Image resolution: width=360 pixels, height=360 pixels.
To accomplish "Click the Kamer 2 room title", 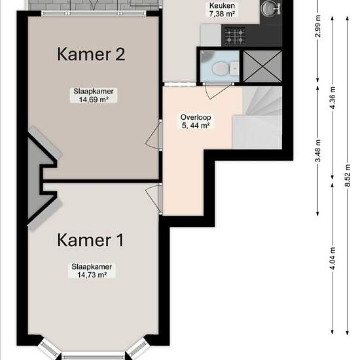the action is click(91, 54).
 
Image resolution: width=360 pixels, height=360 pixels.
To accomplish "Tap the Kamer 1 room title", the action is click(90, 240).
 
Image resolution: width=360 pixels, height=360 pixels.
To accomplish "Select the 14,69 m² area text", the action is click(94, 99).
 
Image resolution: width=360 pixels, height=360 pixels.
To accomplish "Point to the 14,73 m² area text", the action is click(92, 275).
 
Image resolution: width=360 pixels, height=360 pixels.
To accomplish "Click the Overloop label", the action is click(196, 117).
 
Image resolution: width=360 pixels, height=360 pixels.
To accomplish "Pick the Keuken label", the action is click(222, 5).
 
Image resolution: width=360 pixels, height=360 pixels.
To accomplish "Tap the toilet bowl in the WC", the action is click(220, 69).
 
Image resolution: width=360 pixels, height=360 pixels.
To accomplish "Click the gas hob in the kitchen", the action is click(234, 36).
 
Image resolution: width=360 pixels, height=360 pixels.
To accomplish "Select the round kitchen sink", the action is click(268, 9).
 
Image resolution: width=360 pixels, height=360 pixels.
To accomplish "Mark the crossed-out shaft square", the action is click(262, 66).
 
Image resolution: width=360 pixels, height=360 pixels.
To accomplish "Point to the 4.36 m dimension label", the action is click(333, 98).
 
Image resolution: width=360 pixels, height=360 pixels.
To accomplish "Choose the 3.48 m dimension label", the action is click(318, 151).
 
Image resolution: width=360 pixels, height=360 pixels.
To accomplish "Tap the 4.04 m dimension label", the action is click(333, 258).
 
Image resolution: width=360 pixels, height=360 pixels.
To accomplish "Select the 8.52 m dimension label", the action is click(348, 175).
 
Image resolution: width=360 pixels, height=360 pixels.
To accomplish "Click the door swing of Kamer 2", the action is click(153, 136).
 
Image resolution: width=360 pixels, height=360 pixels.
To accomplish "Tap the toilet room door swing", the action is click(217, 92).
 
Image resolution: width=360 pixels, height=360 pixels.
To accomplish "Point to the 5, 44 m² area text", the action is click(196, 126).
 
